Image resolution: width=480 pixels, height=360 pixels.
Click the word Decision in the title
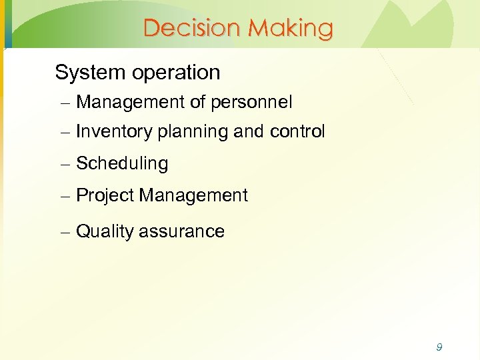[192, 28]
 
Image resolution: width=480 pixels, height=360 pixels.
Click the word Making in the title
[290, 28]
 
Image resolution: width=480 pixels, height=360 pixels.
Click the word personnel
[251, 103]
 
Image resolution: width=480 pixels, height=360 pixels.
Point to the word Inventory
[115, 132]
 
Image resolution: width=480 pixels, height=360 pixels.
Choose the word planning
[193, 132]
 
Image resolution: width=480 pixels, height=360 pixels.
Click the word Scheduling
[122, 164]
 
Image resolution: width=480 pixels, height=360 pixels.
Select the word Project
[105, 196]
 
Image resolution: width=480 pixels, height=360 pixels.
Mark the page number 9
[439, 347]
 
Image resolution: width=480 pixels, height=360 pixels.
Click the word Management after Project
[193, 196]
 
